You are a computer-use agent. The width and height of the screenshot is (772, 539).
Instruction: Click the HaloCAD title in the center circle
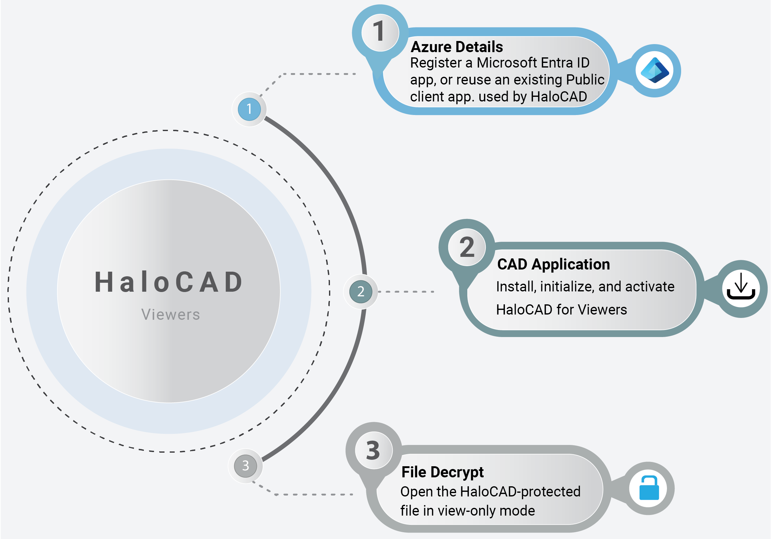pyautogui.click(x=169, y=282)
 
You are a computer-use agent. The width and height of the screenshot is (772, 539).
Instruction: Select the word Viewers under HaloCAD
pyautogui.click(x=170, y=315)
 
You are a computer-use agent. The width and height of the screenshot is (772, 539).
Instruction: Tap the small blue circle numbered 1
pyautogui.click(x=249, y=109)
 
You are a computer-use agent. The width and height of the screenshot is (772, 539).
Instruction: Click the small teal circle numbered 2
pyautogui.click(x=360, y=291)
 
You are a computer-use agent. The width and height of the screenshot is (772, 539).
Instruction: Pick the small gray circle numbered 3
pyautogui.click(x=246, y=466)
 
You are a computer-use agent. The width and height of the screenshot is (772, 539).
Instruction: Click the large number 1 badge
pyautogui.click(x=380, y=32)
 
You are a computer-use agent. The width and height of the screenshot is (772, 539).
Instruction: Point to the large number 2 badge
pyautogui.click(x=467, y=247)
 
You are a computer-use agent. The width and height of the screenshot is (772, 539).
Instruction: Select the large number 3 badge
pyautogui.click(x=373, y=450)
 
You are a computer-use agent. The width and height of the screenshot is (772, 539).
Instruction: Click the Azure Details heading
pyautogui.click(x=457, y=47)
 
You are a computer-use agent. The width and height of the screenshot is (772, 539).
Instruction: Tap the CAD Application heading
pyautogui.click(x=554, y=264)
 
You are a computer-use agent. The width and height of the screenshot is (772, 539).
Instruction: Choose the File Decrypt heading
pyautogui.click(x=442, y=472)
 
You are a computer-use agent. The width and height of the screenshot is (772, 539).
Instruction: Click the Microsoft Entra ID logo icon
pyautogui.click(x=654, y=70)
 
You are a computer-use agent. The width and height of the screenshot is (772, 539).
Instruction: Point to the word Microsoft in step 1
pyautogui.click(x=507, y=63)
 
